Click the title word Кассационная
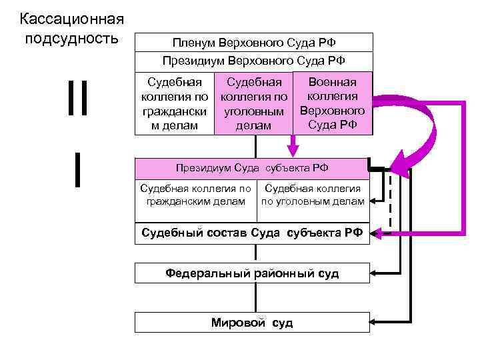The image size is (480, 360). tap(63, 17)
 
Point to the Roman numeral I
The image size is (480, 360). tap(78, 171)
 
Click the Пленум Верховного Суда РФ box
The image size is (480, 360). tap(253, 43)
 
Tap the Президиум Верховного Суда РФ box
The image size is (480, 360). tap(253, 61)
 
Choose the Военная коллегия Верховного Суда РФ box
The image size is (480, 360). tap(332, 103)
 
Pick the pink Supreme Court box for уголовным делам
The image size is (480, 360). tap(253, 104)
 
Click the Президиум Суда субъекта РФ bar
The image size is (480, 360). tap(252, 168)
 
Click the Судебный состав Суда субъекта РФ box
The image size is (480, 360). tap(252, 233)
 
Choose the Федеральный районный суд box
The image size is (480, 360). tap(252, 273)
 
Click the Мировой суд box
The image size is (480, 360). tap(252, 323)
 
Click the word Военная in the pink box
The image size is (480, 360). tap(332, 82)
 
